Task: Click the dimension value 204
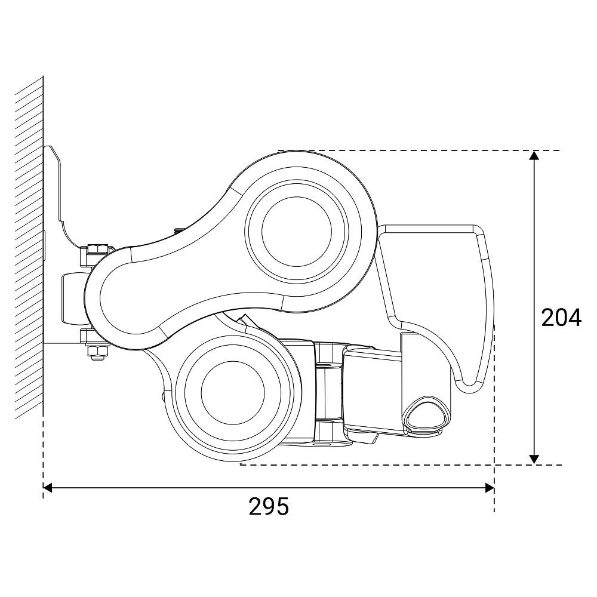[x=561, y=318]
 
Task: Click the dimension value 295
[x=269, y=506]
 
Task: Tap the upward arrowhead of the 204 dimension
[x=534, y=155]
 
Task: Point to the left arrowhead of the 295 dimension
[x=48, y=488]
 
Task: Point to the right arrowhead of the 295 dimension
[x=490, y=488]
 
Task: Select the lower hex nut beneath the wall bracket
[x=97, y=352]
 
